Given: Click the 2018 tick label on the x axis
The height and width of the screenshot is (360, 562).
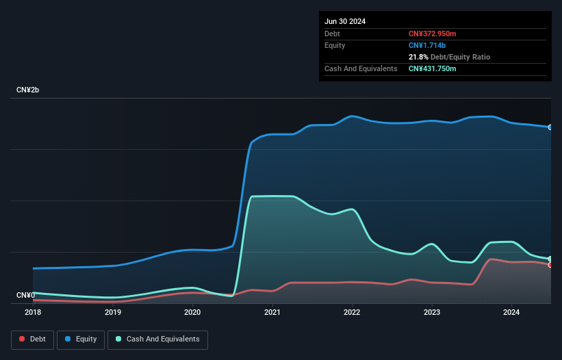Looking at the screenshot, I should point(33,312).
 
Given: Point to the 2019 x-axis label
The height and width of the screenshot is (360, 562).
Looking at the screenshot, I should point(113,312).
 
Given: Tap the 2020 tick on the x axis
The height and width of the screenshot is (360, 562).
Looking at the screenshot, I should point(192,312).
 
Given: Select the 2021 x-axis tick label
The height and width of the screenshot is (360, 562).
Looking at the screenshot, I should point(272,312).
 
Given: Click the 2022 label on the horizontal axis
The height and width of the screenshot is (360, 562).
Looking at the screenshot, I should point(352,312).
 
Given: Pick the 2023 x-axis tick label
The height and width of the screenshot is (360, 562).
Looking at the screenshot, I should point(432,312).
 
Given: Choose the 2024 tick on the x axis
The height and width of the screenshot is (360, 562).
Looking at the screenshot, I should point(511,312).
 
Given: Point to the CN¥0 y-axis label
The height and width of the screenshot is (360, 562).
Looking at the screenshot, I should point(25,295).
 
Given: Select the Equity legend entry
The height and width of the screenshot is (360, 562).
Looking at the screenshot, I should point(81,339).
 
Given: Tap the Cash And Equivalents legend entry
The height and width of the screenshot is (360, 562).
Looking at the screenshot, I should point(157,339).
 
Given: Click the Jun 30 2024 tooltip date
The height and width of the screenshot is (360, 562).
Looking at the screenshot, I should point(345,21).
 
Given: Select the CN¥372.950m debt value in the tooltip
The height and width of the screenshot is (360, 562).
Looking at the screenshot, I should point(432,34).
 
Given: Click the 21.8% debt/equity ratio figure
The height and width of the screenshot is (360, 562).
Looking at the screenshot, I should point(418,57).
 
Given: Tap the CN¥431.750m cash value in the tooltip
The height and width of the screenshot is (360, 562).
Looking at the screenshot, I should point(432,68).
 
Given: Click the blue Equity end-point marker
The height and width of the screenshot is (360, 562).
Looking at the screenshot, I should point(550,127).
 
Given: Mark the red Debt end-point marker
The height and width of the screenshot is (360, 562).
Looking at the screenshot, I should point(550,265).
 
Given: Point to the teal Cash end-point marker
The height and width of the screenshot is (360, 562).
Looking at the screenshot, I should point(550,259).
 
